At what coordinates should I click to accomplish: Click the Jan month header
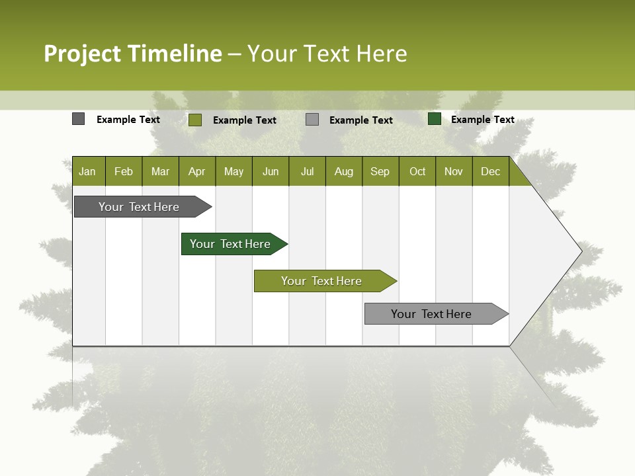[x=88, y=171]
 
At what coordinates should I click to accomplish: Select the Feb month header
[x=124, y=171]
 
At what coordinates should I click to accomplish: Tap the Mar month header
[x=160, y=171]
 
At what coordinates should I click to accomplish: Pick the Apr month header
[x=197, y=171]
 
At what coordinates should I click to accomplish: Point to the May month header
[x=233, y=171]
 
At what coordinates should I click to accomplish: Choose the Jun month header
[x=271, y=171]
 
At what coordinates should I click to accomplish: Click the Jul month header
[x=307, y=171]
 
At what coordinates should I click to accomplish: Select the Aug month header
[x=344, y=171]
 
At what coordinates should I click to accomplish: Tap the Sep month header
[x=380, y=171]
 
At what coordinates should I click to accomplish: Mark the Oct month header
[x=417, y=171]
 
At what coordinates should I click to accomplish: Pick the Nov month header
[x=454, y=171]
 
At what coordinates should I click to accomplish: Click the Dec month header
[x=491, y=171]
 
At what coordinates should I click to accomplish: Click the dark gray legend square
[x=78, y=119]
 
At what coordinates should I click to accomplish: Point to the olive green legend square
[x=194, y=120]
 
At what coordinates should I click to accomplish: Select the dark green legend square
[x=434, y=119]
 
